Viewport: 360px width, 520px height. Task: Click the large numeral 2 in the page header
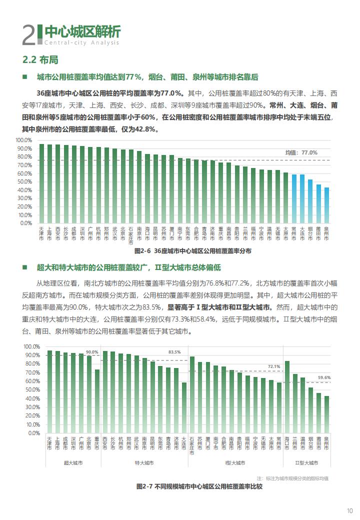click(29, 35)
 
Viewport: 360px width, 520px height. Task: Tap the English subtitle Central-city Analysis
click(81, 42)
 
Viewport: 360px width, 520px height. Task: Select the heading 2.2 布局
click(40, 59)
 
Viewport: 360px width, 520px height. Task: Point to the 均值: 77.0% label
click(301, 152)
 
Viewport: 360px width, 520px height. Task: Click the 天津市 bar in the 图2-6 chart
click(41, 183)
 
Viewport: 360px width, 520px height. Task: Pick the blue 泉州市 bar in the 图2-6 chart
click(326, 205)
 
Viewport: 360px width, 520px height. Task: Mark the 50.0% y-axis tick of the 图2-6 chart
click(24, 181)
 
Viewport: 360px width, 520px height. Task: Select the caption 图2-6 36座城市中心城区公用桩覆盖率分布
click(193, 251)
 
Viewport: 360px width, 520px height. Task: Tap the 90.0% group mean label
click(92, 352)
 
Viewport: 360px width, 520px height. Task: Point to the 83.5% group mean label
click(174, 352)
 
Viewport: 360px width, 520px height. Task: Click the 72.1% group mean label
click(274, 366)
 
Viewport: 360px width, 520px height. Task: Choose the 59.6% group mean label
click(324, 377)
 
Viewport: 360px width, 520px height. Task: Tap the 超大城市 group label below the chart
click(73, 462)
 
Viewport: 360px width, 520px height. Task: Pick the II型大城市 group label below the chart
click(306, 462)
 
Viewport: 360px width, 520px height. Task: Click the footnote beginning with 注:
click(292, 478)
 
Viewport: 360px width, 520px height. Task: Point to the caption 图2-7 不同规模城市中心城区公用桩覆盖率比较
click(199, 486)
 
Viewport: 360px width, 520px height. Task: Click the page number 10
click(349, 510)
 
